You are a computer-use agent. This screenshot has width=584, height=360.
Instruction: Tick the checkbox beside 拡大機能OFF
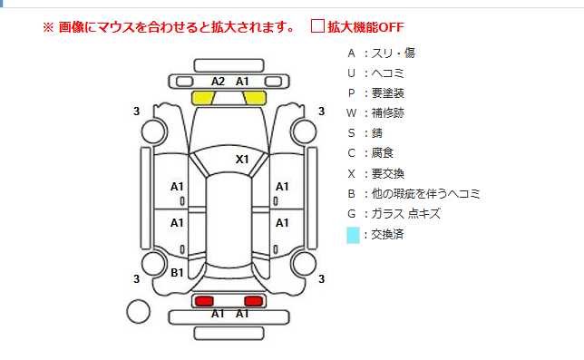(x=317, y=26)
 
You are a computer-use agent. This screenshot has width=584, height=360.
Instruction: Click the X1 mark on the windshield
(x=242, y=160)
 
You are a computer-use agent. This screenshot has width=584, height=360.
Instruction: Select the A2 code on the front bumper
(x=218, y=81)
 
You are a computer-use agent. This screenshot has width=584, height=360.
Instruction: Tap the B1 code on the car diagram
(x=177, y=273)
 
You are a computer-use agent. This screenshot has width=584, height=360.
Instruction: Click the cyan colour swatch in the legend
(x=353, y=235)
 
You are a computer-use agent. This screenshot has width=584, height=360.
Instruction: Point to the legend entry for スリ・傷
(x=381, y=54)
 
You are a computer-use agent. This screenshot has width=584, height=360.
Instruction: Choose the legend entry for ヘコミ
(x=375, y=73)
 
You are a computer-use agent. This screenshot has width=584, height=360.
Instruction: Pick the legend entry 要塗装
(x=375, y=93)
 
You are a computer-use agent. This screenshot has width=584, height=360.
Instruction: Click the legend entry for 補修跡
(x=375, y=112)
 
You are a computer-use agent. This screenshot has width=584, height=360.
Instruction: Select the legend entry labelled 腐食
(x=370, y=153)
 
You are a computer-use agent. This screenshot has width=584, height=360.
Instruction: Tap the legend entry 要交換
(x=375, y=173)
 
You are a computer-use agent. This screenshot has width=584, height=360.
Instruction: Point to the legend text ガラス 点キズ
(x=406, y=214)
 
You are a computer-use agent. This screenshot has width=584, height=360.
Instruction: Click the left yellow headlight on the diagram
(x=203, y=98)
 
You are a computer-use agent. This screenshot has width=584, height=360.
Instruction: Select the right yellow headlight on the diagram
(x=255, y=98)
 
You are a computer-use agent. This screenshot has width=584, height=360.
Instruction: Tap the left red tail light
(x=204, y=301)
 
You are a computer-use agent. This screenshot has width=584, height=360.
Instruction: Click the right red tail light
(x=254, y=301)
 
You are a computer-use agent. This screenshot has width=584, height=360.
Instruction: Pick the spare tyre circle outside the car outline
(x=138, y=312)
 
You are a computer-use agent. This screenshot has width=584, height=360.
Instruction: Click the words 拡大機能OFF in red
(x=365, y=27)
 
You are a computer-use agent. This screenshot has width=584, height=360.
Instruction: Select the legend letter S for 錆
(x=351, y=133)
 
